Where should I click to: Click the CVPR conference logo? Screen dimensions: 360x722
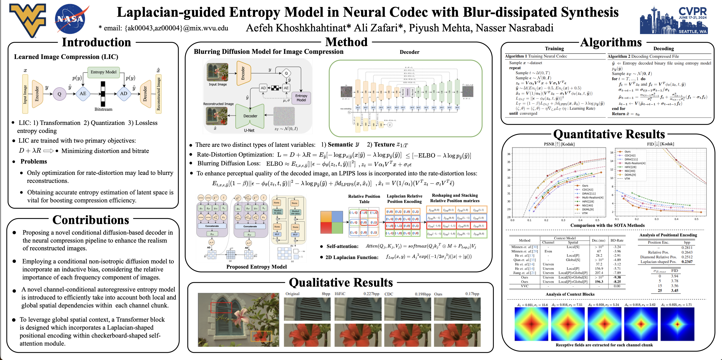(x=674, y=20)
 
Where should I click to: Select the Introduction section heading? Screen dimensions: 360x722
(x=96, y=42)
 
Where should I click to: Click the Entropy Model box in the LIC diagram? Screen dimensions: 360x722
(x=103, y=72)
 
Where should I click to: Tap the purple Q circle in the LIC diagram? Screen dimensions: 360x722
(x=60, y=94)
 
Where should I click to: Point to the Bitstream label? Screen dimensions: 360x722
(x=103, y=109)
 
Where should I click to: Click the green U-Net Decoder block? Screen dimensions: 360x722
(x=250, y=116)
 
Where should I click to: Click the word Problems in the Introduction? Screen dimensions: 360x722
(x=34, y=162)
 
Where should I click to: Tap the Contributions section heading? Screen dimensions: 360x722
(x=91, y=220)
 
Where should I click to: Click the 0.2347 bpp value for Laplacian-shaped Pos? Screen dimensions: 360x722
(x=687, y=262)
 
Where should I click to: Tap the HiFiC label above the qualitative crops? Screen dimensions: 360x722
(x=340, y=294)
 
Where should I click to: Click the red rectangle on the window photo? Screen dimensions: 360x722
(x=221, y=307)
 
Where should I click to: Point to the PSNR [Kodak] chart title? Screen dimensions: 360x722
(x=559, y=144)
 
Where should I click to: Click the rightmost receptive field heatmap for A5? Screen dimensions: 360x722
(x=677, y=324)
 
